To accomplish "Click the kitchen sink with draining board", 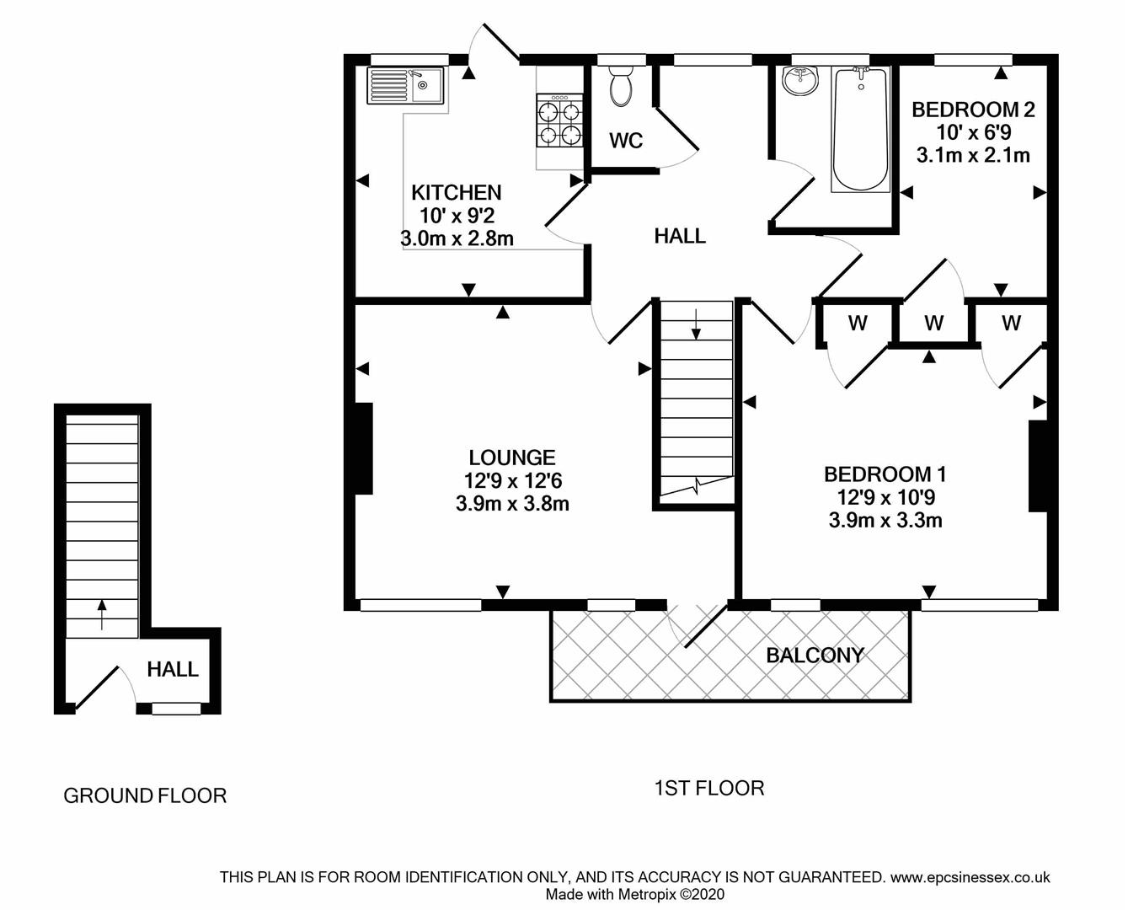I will pyautogui.click(x=406, y=85).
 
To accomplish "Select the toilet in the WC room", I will pyautogui.click(x=623, y=88).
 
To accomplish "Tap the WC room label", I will pyautogui.click(x=625, y=141).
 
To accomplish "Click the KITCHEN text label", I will pyautogui.click(x=457, y=192).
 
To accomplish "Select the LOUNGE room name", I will pyautogui.click(x=512, y=458).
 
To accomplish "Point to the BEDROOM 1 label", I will pyautogui.click(x=885, y=474).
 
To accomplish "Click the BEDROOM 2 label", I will pyautogui.click(x=973, y=110).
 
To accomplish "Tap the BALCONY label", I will pyautogui.click(x=815, y=656).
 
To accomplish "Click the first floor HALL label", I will pyautogui.click(x=680, y=236).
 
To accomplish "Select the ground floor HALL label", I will pyautogui.click(x=173, y=670).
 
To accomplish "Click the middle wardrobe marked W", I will pyautogui.click(x=933, y=323).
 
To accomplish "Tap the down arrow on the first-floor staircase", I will pyautogui.click(x=696, y=324).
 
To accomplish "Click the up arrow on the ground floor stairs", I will pyautogui.click(x=102, y=614).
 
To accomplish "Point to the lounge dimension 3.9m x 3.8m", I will pyautogui.click(x=512, y=504).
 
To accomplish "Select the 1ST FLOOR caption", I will pyautogui.click(x=709, y=789).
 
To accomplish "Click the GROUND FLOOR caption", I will pyautogui.click(x=145, y=795).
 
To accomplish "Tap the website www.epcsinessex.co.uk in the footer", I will pyautogui.click(x=970, y=877).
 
